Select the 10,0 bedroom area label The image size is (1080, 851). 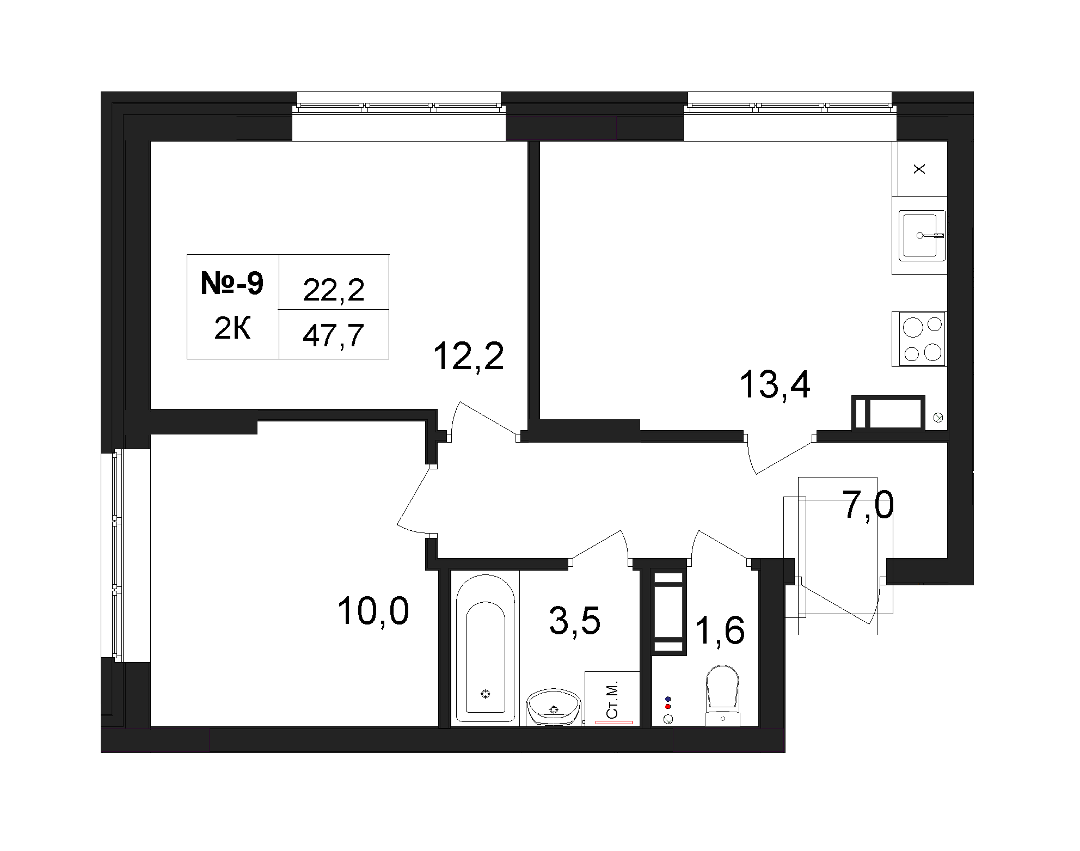[x=373, y=611]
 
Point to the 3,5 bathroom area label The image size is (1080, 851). [x=575, y=621]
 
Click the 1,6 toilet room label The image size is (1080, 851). [x=720, y=631]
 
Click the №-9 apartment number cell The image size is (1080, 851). [x=232, y=284]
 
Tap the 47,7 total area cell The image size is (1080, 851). [x=333, y=335]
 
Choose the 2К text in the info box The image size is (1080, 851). [x=232, y=329]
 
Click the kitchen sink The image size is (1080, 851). [x=922, y=235]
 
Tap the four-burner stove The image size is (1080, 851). [x=919, y=339]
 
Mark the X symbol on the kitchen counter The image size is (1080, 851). [x=919, y=169]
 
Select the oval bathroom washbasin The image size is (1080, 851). [x=554, y=707]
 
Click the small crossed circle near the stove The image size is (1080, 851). [x=938, y=418]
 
